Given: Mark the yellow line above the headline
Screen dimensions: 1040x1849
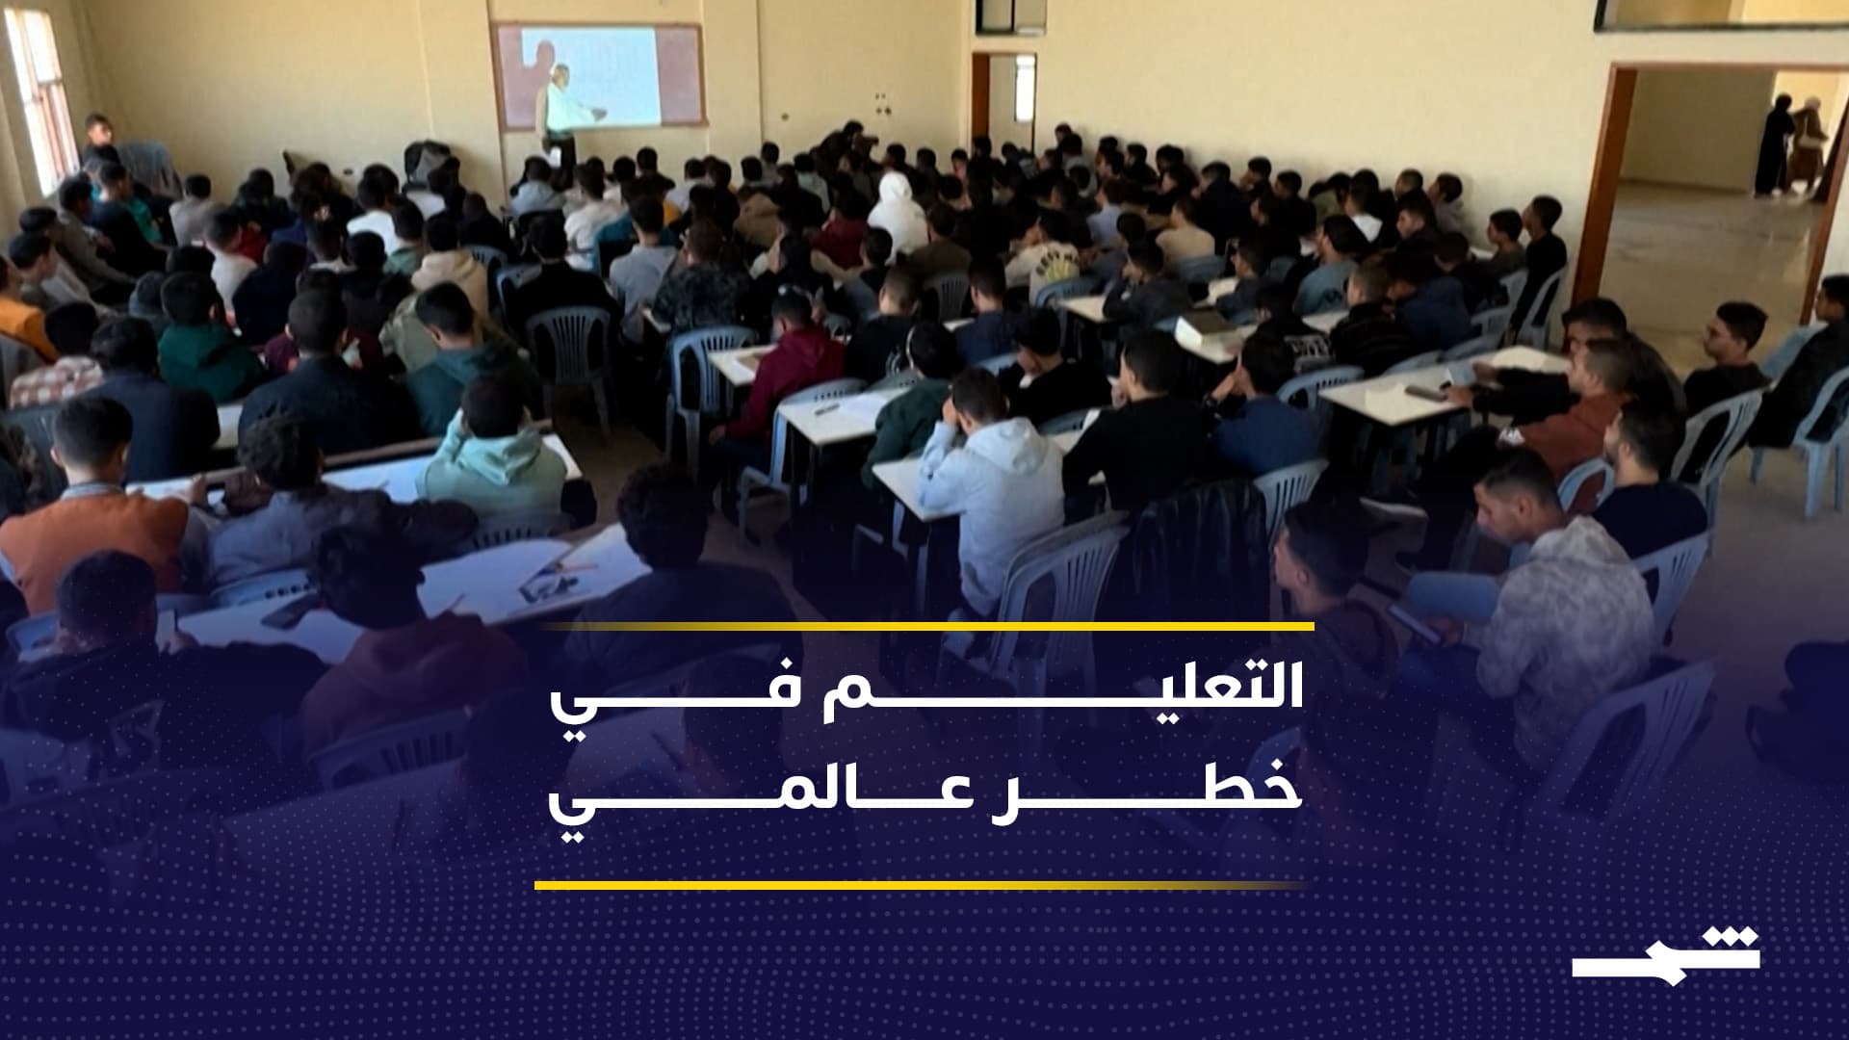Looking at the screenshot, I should pyautogui.click(x=924, y=627).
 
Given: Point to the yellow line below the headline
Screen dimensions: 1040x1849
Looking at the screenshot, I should pyautogui.click(x=920, y=884).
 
